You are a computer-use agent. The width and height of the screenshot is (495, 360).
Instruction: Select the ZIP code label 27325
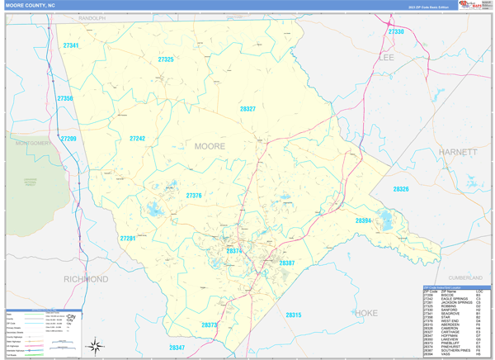[x=166, y=59]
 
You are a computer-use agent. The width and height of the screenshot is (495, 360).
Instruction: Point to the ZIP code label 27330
[x=396, y=31]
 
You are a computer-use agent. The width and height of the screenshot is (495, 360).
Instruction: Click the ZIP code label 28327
[x=247, y=109]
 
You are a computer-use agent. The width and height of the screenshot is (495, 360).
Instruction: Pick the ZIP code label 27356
[x=65, y=99]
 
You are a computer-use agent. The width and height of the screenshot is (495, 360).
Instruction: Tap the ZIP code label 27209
[x=68, y=139]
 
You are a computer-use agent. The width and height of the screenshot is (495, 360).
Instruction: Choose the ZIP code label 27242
[x=137, y=139]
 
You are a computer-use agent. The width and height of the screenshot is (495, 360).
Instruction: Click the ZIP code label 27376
[x=194, y=196]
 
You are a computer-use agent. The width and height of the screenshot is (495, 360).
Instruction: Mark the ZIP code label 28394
[x=363, y=220]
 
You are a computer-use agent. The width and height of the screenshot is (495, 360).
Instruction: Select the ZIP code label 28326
[x=401, y=189]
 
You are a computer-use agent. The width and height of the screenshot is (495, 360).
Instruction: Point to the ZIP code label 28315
[x=293, y=315]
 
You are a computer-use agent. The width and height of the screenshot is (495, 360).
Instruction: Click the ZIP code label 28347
[x=177, y=348]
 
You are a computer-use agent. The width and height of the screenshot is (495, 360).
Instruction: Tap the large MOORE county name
[x=209, y=146]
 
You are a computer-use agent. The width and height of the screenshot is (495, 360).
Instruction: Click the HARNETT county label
[x=459, y=152]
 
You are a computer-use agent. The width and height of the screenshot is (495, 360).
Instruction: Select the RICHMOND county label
[x=86, y=279]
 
